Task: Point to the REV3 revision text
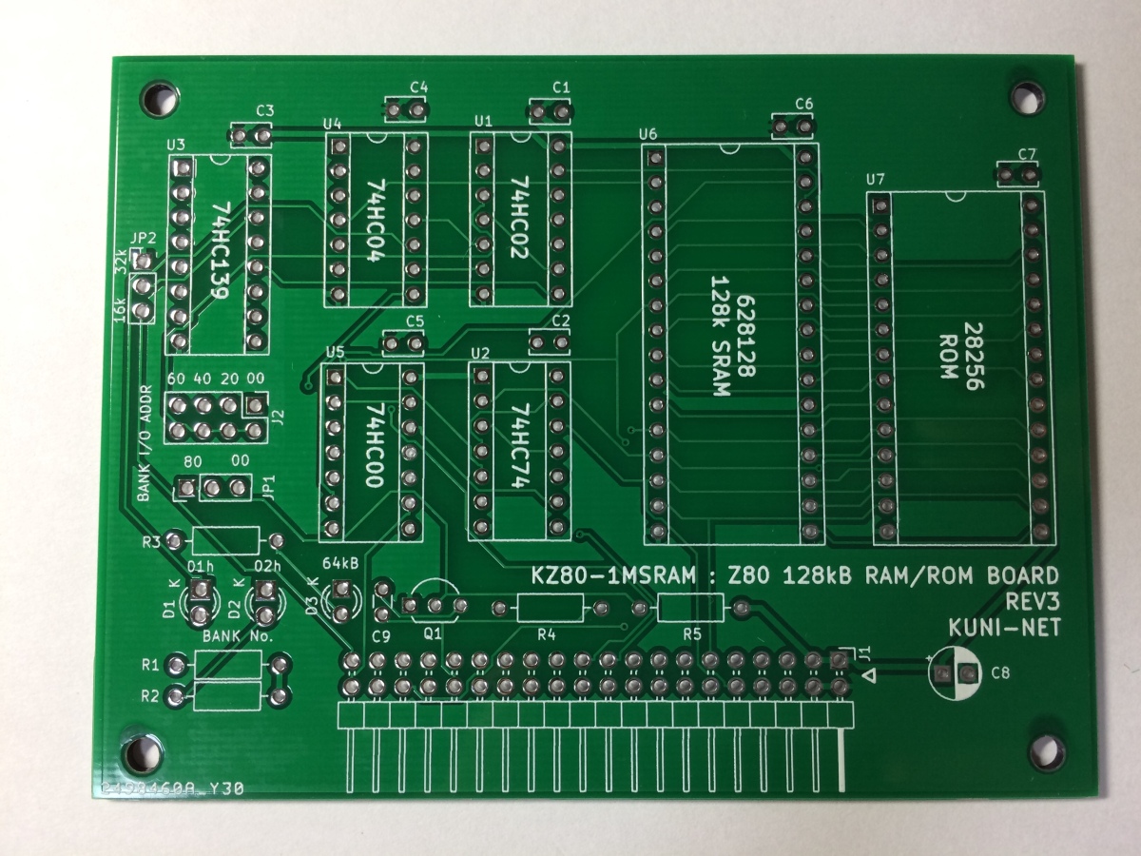coord(1031,601)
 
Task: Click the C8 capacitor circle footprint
coord(955,673)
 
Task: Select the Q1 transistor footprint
coord(435,602)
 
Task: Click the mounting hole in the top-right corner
coord(1025,97)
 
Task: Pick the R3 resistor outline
coord(225,541)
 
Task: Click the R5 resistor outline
coord(690,605)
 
